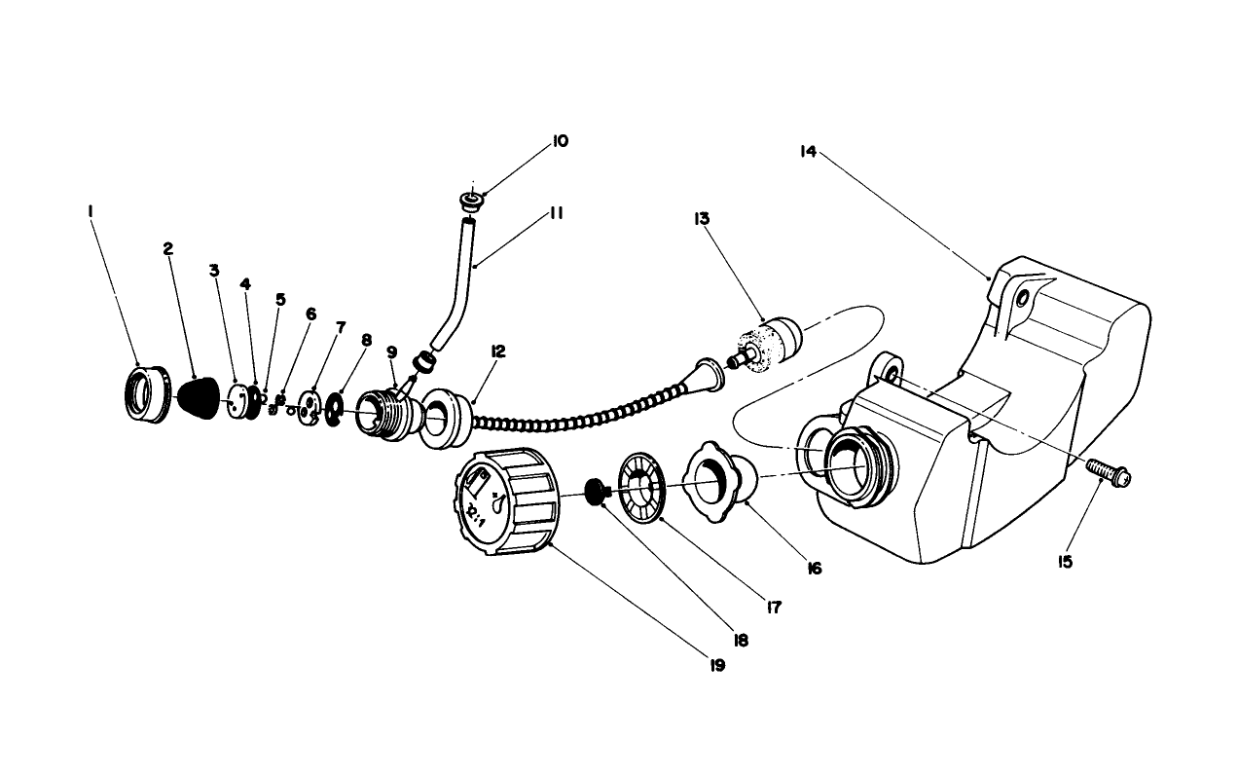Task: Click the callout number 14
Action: click(807, 152)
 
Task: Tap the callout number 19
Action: click(717, 666)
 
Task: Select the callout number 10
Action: click(560, 141)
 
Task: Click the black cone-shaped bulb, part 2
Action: click(200, 399)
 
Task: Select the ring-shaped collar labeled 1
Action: click(146, 392)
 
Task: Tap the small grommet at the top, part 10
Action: click(471, 203)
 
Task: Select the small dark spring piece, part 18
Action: click(596, 490)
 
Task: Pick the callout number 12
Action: click(498, 351)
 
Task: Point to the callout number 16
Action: click(814, 568)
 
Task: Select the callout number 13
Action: click(702, 219)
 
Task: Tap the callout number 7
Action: click(341, 327)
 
